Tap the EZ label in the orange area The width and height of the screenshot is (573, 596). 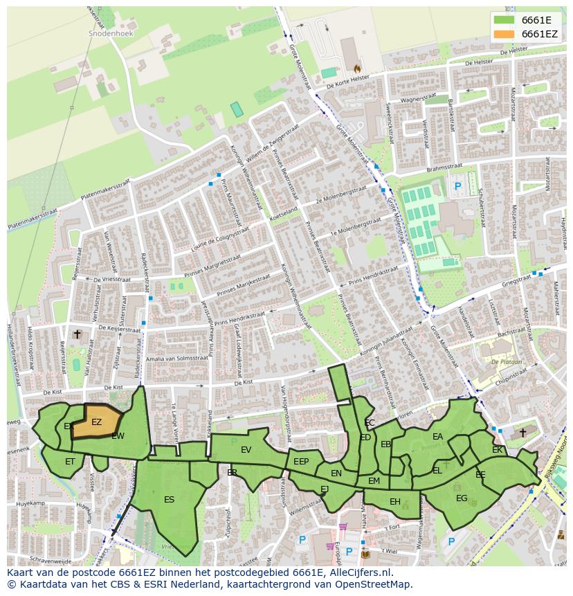tap(96, 422)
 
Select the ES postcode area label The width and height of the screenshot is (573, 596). tap(169, 499)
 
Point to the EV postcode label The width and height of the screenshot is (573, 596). tap(246, 450)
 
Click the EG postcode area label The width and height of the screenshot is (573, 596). tap(462, 498)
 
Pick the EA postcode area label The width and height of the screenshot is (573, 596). tap(437, 437)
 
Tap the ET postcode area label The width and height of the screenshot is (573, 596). tap(70, 461)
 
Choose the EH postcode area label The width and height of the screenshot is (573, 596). tap(394, 502)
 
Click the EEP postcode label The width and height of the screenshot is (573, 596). tap(301, 462)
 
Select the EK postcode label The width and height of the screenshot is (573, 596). tap(497, 450)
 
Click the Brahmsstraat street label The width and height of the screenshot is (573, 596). tap(437, 167)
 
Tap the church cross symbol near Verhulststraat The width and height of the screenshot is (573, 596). tap(77, 334)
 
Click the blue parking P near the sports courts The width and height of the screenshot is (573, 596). tap(457, 186)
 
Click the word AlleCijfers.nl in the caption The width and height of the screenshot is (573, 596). tap(360, 572)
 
